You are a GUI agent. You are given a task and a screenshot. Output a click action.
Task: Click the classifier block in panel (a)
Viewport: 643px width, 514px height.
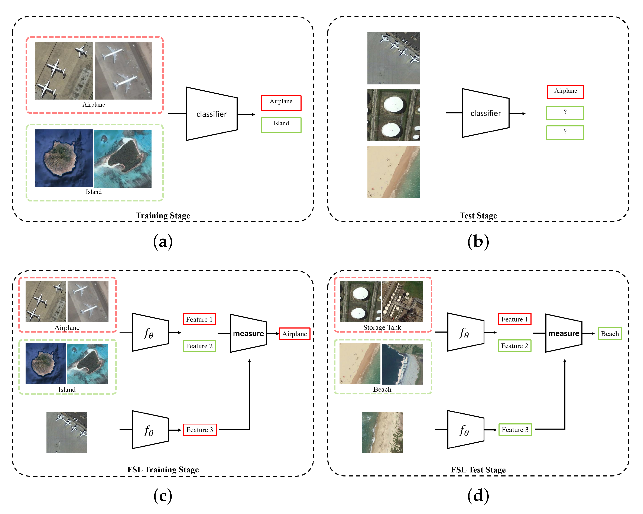211,114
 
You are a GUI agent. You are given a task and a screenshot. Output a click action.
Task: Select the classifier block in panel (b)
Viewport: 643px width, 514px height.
486,113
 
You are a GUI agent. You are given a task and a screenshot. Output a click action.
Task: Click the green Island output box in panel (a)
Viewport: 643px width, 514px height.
281,125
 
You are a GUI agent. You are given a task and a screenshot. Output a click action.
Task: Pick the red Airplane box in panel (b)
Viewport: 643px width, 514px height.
565,92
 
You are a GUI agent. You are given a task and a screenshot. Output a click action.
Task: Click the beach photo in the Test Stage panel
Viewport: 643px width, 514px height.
393,172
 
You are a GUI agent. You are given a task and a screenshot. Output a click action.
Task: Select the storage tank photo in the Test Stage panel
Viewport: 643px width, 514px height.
393,115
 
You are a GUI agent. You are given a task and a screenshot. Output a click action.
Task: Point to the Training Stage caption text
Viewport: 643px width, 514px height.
163,215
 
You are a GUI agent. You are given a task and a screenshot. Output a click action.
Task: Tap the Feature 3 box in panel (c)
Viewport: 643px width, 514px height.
199,430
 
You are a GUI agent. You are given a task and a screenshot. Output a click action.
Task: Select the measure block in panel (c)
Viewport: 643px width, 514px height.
248,333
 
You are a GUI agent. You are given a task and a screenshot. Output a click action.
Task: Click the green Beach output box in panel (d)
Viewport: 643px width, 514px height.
610,333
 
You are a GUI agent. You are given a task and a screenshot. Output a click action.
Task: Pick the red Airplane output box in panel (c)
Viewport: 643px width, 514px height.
294,333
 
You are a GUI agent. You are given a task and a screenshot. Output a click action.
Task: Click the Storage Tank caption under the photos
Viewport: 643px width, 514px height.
382,327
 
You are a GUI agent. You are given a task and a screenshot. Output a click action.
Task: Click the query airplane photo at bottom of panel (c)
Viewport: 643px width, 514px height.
67,433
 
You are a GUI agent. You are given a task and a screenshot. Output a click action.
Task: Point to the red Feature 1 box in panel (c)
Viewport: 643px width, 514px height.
199,319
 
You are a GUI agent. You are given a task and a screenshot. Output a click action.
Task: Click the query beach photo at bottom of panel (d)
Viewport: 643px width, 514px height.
382,433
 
